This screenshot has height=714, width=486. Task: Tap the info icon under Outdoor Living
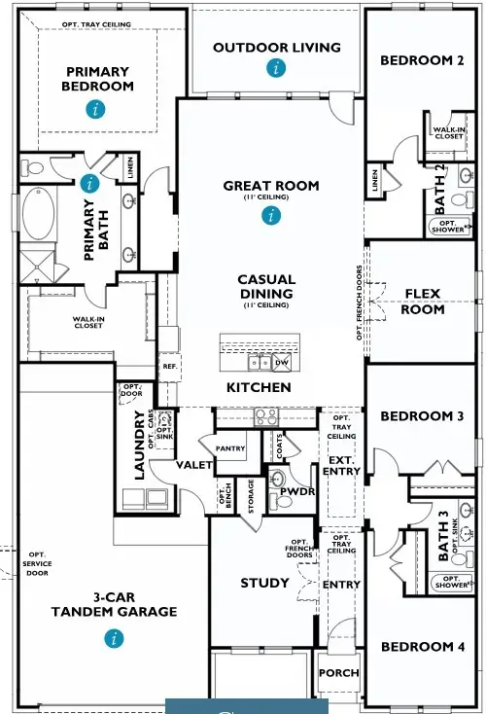pyautogui.click(x=277, y=67)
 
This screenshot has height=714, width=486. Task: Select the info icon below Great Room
pyautogui.click(x=270, y=216)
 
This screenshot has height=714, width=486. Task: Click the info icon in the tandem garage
pyautogui.click(x=115, y=638)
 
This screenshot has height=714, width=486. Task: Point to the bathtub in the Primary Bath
pyautogui.click(x=39, y=214)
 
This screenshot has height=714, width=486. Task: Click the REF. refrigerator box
pyautogui.click(x=169, y=367)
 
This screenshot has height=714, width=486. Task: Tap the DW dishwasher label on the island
pyautogui.click(x=282, y=363)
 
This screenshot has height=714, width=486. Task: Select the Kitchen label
pyautogui.click(x=259, y=387)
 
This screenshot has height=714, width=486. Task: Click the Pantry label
pyautogui.click(x=229, y=448)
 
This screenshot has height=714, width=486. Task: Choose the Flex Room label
pyautogui.click(x=423, y=301)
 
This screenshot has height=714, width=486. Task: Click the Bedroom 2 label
pyautogui.click(x=422, y=60)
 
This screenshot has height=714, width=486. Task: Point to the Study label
pyautogui.click(x=264, y=583)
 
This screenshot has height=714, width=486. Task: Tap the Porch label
pyautogui.click(x=338, y=672)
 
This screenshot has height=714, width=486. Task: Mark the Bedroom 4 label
pyautogui.click(x=422, y=647)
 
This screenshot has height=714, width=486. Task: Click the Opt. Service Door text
pyautogui.click(x=38, y=566)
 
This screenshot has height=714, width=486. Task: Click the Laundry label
pyautogui.click(x=139, y=445)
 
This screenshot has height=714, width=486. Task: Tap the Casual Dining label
pyautogui.click(x=266, y=286)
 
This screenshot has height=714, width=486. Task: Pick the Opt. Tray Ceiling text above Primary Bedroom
pyautogui.click(x=96, y=24)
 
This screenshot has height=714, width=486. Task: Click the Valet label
pyautogui.click(x=194, y=466)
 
